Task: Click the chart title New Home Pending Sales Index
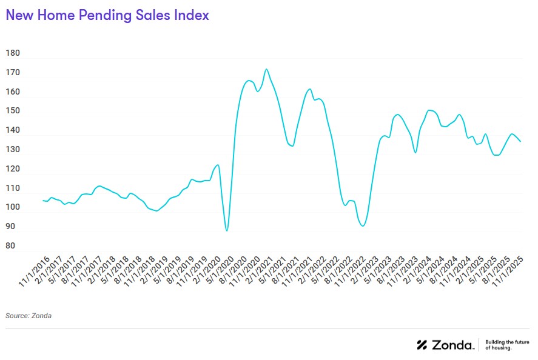coord(107,16)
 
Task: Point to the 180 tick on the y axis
coord(13,53)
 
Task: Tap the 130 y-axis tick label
coord(13,150)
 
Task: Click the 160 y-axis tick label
coord(13,92)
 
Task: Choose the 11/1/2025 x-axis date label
coord(511,272)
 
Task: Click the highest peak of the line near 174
coord(266,69)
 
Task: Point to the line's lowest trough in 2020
coord(227,231)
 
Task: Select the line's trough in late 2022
coord(363,226)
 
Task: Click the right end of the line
coord(521,141)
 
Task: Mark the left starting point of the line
coord(42,200)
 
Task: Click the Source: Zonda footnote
coord(29,316)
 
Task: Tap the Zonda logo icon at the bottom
coord(422,345)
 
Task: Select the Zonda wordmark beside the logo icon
coord(452,345)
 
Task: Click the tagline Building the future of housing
coord(508,345)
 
